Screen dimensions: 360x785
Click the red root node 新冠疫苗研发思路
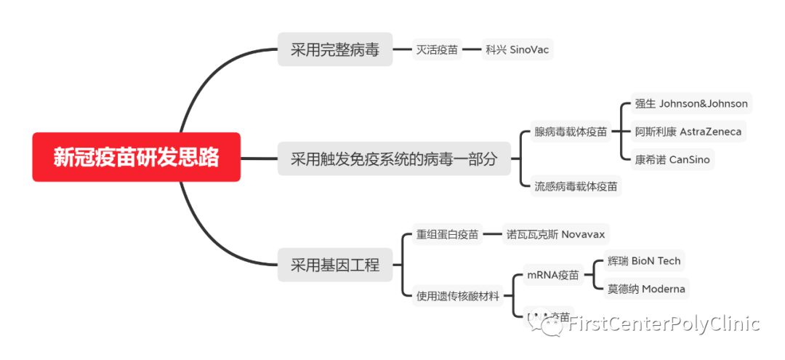[136, 157]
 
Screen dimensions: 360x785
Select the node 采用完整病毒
[335, 50]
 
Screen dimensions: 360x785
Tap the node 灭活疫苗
[437, 50]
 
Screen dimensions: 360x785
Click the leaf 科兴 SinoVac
[518, 50]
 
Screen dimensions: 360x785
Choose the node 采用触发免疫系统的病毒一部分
[394, 159]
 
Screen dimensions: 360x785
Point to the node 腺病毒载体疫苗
[571, 132]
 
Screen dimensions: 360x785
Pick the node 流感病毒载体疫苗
[576, 186]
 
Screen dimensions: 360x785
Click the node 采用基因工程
[335, 265]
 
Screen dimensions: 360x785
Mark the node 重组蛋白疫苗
[447, 234]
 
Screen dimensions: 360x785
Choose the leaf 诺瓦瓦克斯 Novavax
[556, 234]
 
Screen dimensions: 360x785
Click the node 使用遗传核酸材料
[458, 295]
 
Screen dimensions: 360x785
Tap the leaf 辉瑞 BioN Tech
[644, 261]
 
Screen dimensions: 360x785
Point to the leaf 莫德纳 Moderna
[645, 289]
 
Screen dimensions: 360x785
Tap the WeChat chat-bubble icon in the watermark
[550, 325]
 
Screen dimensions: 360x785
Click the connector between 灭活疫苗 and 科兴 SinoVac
[472, 50]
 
